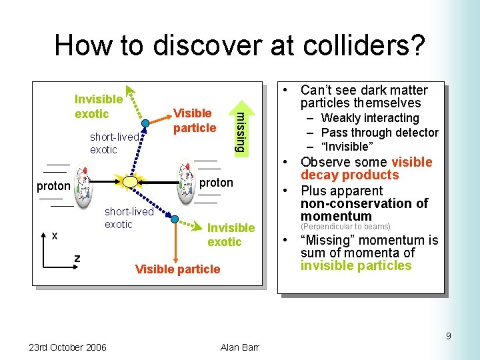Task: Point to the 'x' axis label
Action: [x=55, y=235]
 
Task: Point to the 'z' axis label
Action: [x=77, y=258]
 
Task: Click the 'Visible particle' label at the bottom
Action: [x=177, y=269]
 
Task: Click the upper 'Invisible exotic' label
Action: [x=98, y=106]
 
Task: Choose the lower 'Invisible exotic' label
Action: [x=230, y=235]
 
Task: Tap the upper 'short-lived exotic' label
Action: [x=114, y=143]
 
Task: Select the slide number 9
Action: [x=448, y=336]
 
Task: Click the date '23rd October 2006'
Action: [x=67, y=347]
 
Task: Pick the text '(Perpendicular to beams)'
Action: [x=345, y=227]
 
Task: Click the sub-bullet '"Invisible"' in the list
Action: [x=344, y=147]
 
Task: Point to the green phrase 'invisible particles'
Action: [x=356, y=266]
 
